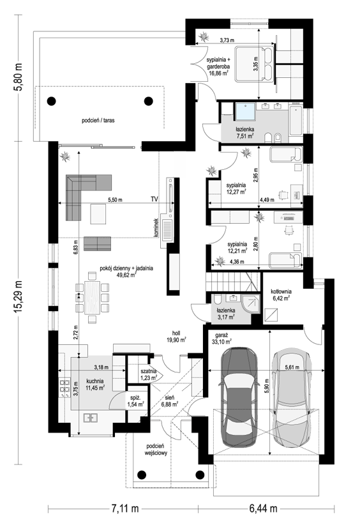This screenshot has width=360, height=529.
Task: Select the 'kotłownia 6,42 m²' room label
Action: point(281,295)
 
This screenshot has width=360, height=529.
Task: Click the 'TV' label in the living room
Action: point(154,199)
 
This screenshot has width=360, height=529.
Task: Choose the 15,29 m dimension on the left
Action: point(19,298)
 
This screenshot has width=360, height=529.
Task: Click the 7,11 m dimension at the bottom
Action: point(124,508)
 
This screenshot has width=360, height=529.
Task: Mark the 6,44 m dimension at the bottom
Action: point(264,508)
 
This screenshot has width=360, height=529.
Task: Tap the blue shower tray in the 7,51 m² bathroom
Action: point(245,112)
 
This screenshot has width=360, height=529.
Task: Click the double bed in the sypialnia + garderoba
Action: point(255,63)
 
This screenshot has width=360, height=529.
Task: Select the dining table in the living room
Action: point(92,298)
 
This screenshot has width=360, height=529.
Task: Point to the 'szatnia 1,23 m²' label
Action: point(149,374)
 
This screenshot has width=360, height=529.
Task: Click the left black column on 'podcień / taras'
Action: point(51,100)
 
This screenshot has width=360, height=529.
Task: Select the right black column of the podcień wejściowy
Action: point(200,475)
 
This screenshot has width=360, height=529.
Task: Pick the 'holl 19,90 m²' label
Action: point(176,336)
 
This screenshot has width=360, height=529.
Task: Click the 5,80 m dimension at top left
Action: point(19,77)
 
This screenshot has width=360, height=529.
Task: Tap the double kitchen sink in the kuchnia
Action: point(91,418)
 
